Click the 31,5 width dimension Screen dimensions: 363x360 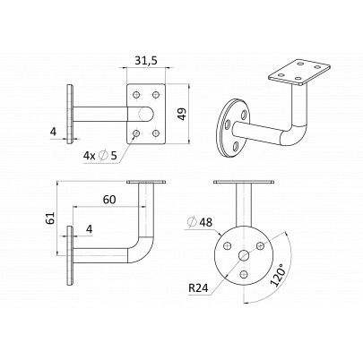click(146, 60)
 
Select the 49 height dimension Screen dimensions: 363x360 click(182, 114)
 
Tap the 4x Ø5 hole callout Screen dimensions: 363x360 click(99, 155)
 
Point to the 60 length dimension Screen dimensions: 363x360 click(109, 200)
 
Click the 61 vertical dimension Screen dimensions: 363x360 click(51, 218)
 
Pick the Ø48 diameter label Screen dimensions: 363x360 click(200, 222)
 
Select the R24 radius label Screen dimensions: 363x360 click(198, 288)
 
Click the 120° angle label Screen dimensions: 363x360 click(278, 275)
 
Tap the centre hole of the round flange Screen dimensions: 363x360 click(244, 255)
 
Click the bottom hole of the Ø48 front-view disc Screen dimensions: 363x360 click(245, 273)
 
